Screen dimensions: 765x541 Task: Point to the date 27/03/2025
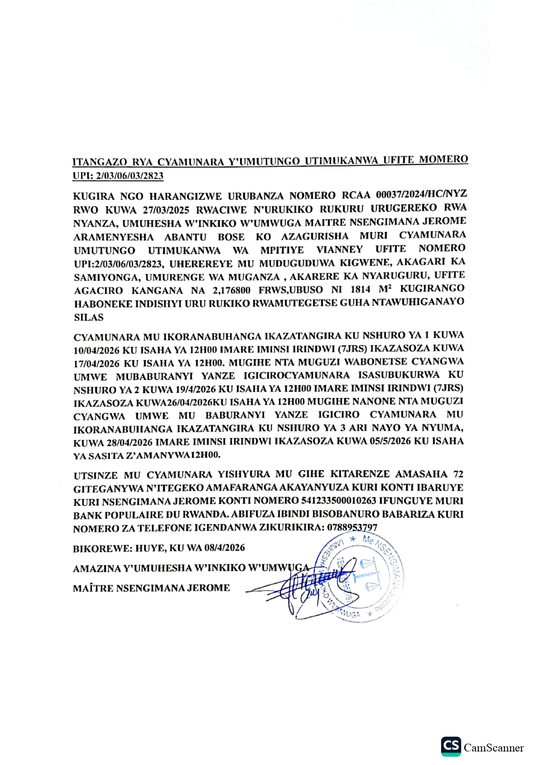coord(166,210)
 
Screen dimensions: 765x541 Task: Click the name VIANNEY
coord(339,249)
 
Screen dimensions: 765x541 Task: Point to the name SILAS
coord(89,317)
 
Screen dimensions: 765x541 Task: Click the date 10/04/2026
coord(96,350)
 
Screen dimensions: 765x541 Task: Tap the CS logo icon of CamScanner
coord(451,746)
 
